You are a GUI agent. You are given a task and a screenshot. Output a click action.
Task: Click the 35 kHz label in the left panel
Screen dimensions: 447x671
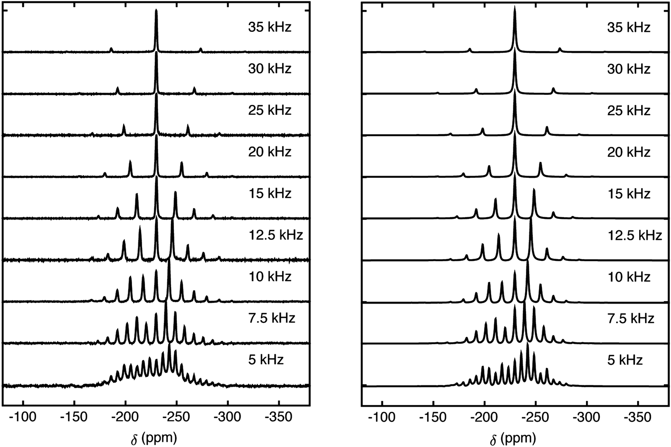[269, 27]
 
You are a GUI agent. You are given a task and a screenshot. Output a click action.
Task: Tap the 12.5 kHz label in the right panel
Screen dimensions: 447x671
[635, 235]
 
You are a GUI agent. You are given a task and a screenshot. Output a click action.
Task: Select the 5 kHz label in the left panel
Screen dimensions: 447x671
[266, 360]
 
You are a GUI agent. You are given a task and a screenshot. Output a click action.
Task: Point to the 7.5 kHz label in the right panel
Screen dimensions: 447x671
[631, 318]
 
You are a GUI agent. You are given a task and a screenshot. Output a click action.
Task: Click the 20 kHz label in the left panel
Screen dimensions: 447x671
[269, 151]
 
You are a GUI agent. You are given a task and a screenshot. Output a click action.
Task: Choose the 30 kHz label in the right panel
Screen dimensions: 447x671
[629, 69]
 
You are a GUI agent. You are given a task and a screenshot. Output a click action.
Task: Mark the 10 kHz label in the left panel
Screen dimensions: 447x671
[269, 277]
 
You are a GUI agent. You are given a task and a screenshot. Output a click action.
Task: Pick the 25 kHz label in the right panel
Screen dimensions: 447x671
[629, 110]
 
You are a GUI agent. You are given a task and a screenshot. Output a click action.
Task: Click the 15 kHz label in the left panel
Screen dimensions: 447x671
[269, 193]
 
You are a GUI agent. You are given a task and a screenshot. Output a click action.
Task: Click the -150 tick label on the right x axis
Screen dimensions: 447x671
[433, 418]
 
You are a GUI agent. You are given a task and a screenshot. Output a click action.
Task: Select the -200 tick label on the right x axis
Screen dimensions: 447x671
[484, 418]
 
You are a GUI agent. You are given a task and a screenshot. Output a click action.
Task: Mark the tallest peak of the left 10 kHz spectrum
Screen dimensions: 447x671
[169, 262]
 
